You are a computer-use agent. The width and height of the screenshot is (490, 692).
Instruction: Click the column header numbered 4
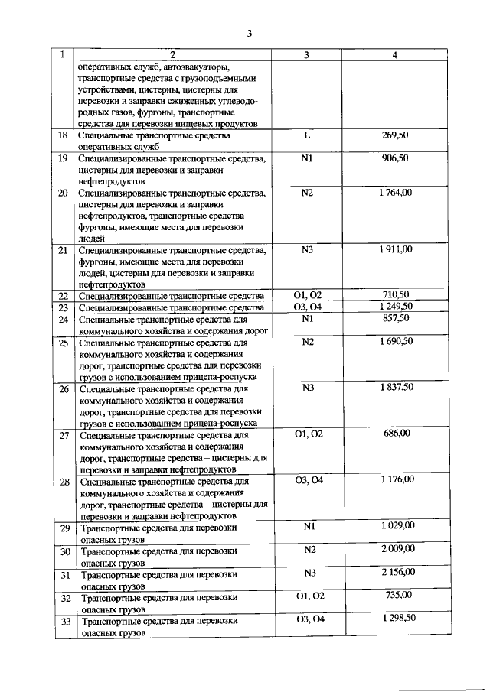coord(394,54)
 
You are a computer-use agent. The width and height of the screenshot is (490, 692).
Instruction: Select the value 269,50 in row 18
coord(395,135)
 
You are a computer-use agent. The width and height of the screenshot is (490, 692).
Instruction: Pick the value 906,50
coord(395,158)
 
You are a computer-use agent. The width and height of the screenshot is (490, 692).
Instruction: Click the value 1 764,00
coord(395,192)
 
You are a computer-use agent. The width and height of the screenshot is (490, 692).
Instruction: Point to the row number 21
coord(63,250)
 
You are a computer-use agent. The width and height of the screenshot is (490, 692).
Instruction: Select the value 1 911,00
coord(395,249)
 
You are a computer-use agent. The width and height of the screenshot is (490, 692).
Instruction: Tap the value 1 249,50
coord(395,307)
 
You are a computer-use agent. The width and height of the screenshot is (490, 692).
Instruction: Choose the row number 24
coord(63,319)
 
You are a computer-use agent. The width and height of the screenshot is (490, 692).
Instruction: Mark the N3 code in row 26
coord(308,388)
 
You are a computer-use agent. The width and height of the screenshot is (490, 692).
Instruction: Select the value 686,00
coord(397,433)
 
